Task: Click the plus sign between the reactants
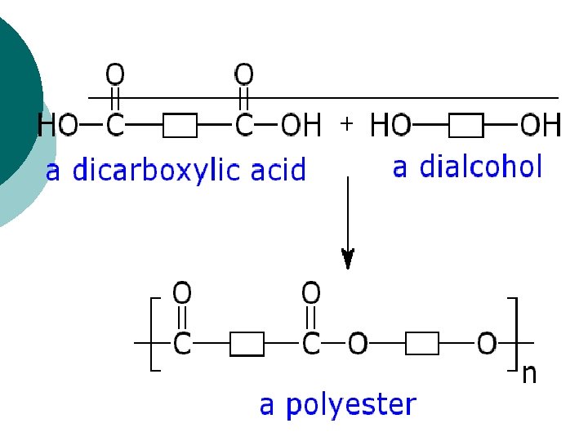(346, 123)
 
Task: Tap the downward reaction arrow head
(348, 259)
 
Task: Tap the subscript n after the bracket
(529, 374)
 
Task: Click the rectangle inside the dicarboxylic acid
(180, 126)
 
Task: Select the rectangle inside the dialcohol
(466, 126)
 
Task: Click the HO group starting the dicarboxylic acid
(57, 126)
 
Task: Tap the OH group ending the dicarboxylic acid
(301, 126)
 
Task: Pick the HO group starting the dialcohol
(391, 126)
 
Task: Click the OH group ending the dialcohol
(541, 126)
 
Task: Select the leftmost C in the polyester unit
(181, 344)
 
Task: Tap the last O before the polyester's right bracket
(487, 344)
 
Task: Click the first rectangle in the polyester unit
(247, 344)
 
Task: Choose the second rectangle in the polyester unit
(422, 344)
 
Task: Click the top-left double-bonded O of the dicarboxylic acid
(115, 75)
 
